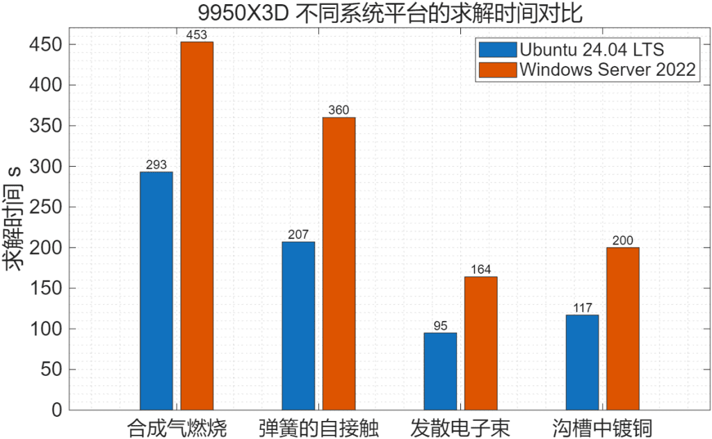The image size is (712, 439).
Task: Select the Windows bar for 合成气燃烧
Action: click(197, 226)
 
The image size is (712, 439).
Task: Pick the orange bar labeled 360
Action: click(339, 263)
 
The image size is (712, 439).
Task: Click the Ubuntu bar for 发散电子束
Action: click(440, 371)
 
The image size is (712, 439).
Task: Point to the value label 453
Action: click(197, 34)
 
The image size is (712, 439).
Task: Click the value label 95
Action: click(440, 325)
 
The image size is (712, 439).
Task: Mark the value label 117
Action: click(582, 307)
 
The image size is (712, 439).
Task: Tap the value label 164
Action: click(480, 269)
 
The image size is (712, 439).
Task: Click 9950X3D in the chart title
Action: click(251, 13)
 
